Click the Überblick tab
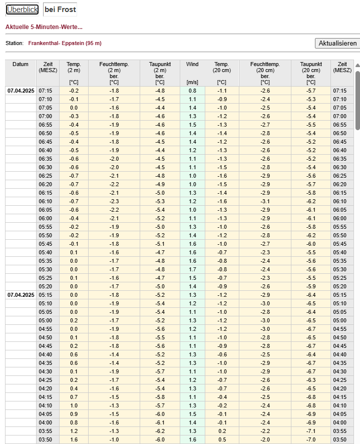[x=22, y=10]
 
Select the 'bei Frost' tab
[x=60, y=10]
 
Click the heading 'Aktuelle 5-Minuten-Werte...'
[x=44, y=27]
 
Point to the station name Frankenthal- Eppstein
[x=65, y=43]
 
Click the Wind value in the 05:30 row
[x=193, y=269]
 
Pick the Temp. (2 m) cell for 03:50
[x=74, y=439]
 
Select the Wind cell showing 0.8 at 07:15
[x=193, y=91]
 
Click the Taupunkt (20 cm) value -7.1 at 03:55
[x=311, y=431]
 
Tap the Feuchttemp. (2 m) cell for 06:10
[x=114, y=201]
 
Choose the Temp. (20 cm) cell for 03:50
[x=221, y=439]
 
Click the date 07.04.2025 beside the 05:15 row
[x=21, y=295]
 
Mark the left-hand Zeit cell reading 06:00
[x=48, y=218]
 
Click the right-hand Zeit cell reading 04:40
[x=342, y=354]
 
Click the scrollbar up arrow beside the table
[x=357, y=65]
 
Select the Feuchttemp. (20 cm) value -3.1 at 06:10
[x=265, y=201]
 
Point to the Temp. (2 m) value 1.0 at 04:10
[x=74, y=405]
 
